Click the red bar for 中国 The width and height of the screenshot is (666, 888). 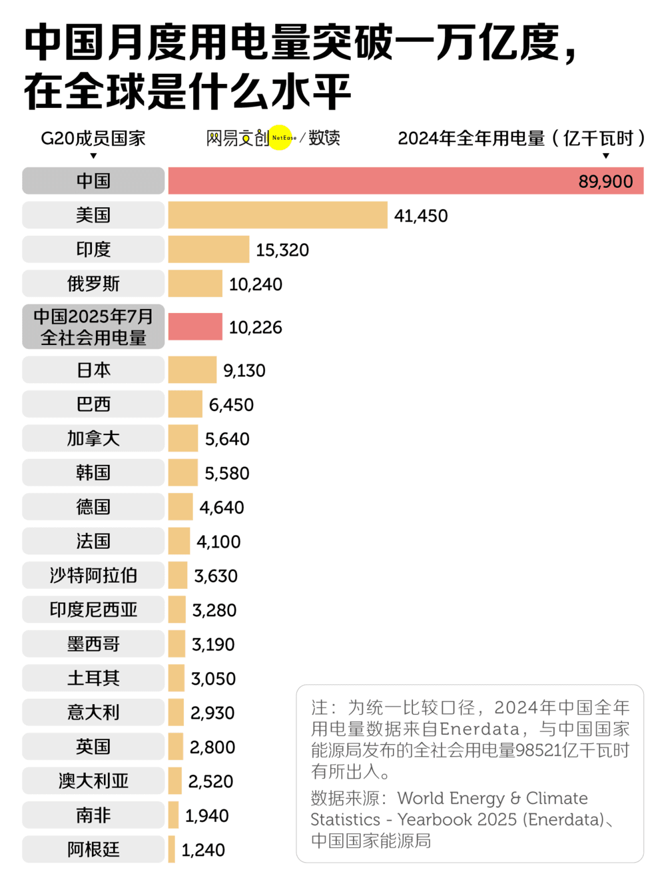[x=373, y=181]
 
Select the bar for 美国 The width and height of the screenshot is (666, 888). [x=278, y=215]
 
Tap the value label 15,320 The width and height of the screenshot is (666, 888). [x=282, y=250]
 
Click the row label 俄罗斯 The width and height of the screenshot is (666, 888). [x=93, y=284]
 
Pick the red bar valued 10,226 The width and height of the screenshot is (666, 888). [x=195, y=327]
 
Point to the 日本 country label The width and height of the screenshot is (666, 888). [x=93, y=370]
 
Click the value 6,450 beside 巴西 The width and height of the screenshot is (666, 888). [x=231, y=405]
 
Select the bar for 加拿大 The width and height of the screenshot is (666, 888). [x=183, y=439]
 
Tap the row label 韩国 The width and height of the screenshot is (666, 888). [x=93, y=473]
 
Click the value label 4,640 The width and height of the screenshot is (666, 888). [x=222, y=508]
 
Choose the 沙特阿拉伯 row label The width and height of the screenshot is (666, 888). [x=93, y=576]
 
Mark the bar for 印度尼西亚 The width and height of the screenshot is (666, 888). [x=177, y=610]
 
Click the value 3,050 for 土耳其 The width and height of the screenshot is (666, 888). [x=213, y=679]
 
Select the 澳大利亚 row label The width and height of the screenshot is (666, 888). [x=93, y=781]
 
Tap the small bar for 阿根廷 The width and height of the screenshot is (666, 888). [x=172, y=849]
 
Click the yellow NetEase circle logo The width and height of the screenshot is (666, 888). [x=281, y=138]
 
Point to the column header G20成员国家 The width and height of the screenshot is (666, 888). [x=93, y=139]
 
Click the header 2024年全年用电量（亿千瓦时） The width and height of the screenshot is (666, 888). [x=521, y=139]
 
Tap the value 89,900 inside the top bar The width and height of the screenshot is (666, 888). [x=605, y=182]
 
